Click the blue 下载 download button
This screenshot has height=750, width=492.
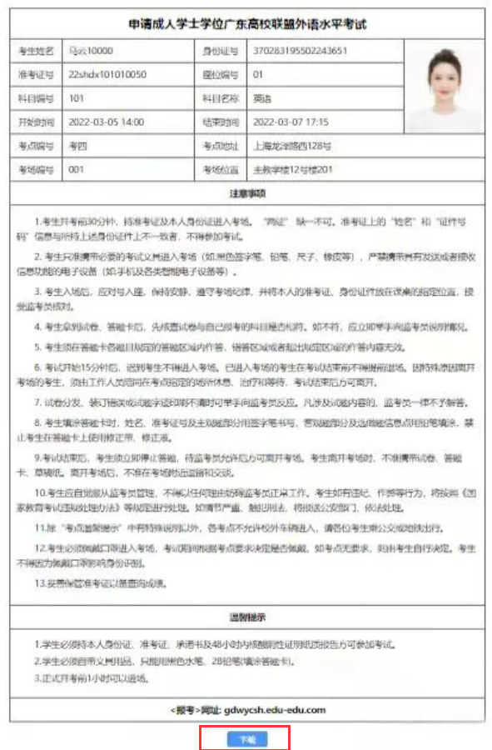(245, 738)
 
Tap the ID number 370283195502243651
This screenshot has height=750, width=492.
(301, 50)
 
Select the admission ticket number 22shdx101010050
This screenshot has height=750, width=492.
(107, 74)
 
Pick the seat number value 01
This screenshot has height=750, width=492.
(258, 74)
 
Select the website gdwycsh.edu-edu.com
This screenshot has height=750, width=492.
(275, 710)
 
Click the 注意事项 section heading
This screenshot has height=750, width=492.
(247, 193)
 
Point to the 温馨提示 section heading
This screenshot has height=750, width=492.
(247, 617)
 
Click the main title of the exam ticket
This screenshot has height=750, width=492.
(247, 24)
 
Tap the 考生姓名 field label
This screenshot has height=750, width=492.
(35, 51)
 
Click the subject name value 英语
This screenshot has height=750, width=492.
(261, 97)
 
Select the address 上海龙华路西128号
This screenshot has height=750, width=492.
(291, 146)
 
